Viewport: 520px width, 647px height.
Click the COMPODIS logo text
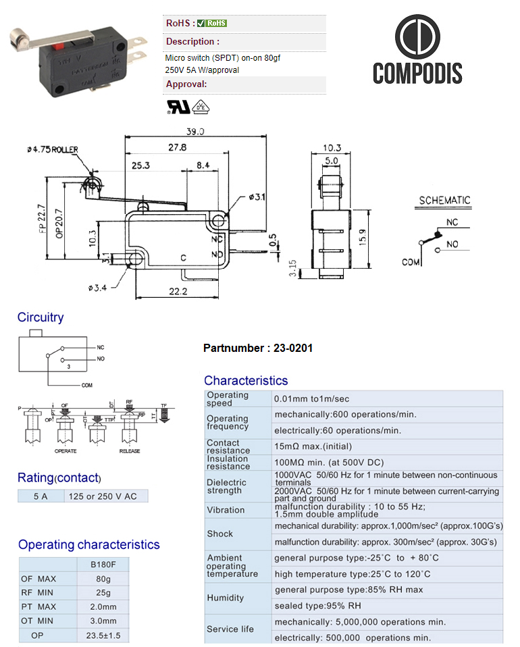pos(417,73)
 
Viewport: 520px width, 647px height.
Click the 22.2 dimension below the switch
pos(161,291)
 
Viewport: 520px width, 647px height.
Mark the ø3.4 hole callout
pos(99,288)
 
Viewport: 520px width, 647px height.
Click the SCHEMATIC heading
pos(444,201)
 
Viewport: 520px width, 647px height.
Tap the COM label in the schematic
pos(411,261)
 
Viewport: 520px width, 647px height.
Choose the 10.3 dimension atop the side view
pos(332,148)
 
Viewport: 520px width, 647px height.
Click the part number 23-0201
pos(293,348)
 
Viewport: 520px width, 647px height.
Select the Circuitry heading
pos(41,317)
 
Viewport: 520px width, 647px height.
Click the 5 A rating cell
pos(41,496)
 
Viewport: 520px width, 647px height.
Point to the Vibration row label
pos(226,510)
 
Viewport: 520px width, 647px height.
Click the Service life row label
pos(230,629)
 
